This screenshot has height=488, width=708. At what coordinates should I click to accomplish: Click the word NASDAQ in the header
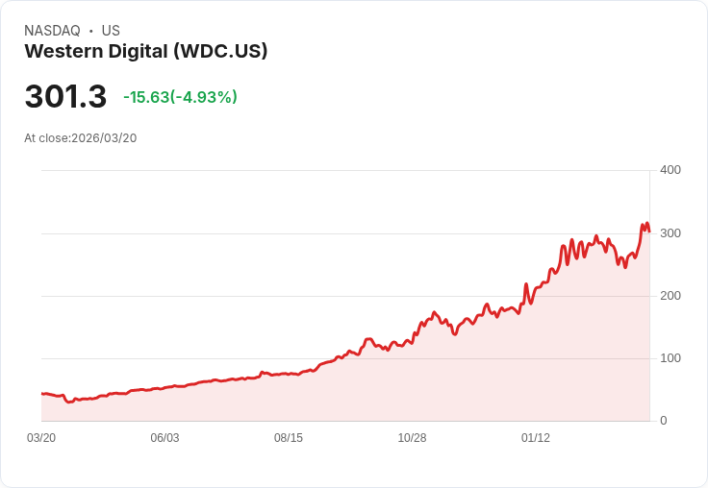pos(52,31)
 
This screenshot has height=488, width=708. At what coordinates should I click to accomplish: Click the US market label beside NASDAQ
pos(111,31)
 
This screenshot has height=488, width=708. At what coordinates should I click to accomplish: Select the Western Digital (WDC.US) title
pos(146,51)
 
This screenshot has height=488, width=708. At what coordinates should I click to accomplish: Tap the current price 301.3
pos(65,97)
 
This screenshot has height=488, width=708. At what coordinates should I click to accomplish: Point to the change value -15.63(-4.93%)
pos(180,97)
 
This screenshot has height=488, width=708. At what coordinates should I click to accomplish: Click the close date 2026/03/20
pos(104,138)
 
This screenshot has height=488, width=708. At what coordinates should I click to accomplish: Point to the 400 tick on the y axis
pos(670,170)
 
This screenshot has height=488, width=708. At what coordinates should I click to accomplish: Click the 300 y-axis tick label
pos(670,233)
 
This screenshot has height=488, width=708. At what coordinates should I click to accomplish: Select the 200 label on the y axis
pos(670,296)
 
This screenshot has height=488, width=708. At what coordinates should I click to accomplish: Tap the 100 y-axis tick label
pos(670,358)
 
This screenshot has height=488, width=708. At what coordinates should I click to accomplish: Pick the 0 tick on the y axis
pos(663,421)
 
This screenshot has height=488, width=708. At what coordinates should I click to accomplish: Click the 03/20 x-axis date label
pos(41,438)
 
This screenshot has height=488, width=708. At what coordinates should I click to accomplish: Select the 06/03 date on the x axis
pos(164,438)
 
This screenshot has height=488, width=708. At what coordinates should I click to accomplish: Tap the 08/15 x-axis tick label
pos(289,438)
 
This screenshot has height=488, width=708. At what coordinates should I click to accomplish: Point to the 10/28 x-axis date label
pos(412,438)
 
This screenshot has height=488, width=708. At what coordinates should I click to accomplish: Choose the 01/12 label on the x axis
pos(536,438)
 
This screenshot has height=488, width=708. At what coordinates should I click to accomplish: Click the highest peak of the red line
pos(643,225)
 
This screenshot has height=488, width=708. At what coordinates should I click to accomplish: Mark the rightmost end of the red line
pos(649,232)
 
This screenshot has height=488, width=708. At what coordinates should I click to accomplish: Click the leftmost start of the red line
pos(41,394)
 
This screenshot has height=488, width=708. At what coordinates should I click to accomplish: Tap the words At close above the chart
pos(46,138)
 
